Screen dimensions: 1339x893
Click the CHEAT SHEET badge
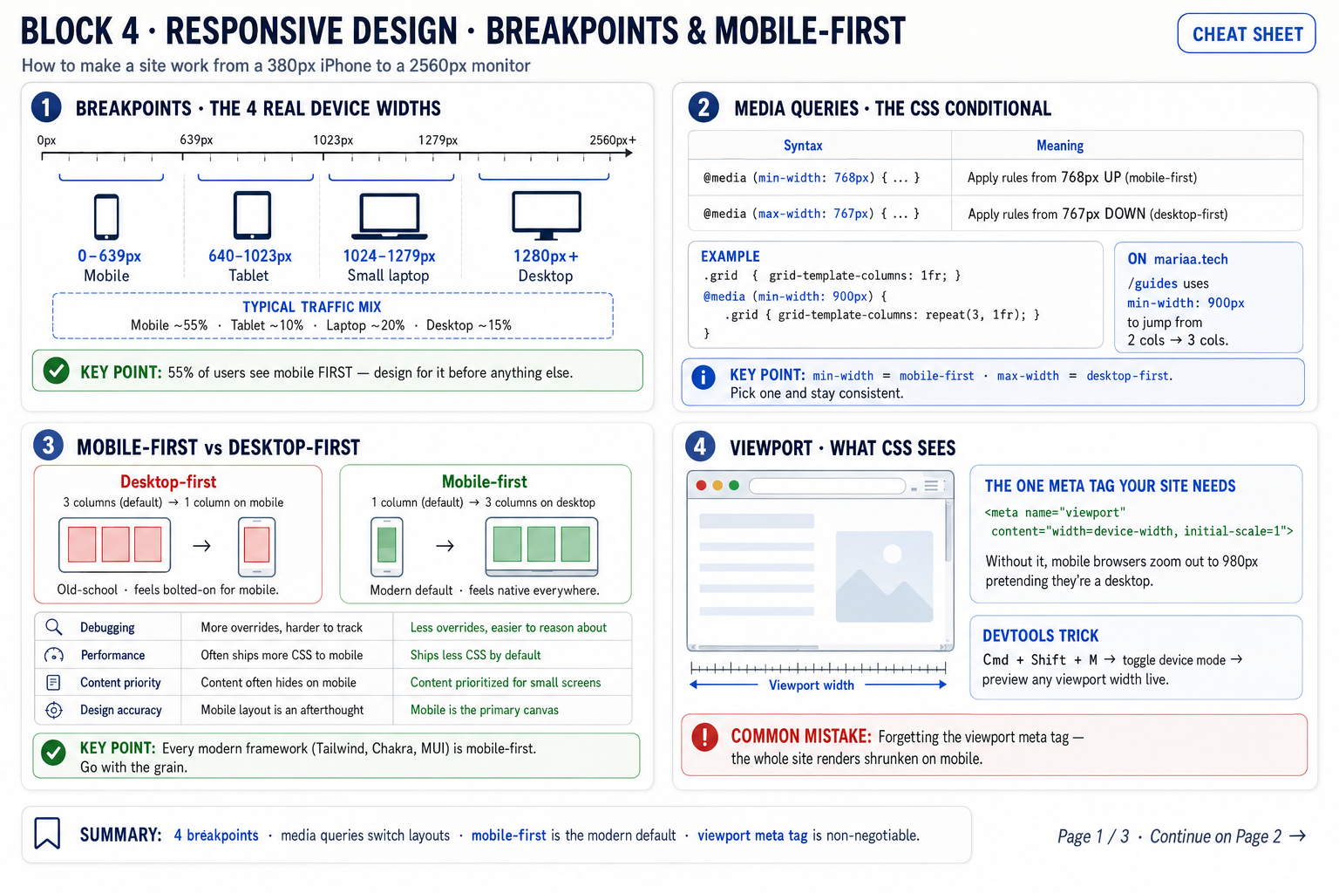[x=1247, y=33]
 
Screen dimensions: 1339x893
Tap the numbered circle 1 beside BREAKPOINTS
[x=46, y=107]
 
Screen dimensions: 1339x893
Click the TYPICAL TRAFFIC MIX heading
[x=311, y=307]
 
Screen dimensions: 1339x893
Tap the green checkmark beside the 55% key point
[x=56, y=371]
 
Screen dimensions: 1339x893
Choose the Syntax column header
[x=803, y=146]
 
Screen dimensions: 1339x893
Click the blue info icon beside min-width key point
[x=703, y=378]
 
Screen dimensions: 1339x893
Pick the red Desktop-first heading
[x=168, y=481]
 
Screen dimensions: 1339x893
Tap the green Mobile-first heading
[x=484, y=481]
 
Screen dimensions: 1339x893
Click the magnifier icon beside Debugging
[x=54, y=627]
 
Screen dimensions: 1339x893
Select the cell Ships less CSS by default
[x=475, y=655]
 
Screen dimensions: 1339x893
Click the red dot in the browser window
[x=701, y=486]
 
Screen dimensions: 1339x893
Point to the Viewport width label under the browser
[x=812, y=685]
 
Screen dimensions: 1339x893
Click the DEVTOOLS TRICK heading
[x=1041, y=635]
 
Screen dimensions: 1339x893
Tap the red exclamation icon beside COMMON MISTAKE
[x=704, y=738]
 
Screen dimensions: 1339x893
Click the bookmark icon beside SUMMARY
[x=47, y=833]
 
